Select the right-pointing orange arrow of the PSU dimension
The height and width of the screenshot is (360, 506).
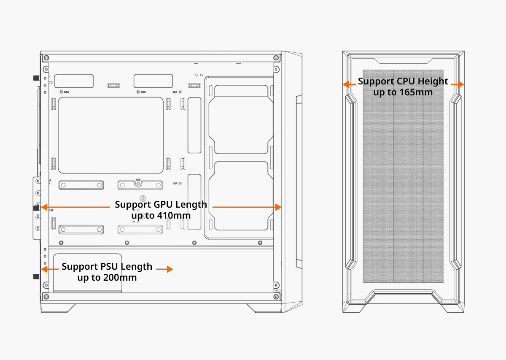click(168, 269)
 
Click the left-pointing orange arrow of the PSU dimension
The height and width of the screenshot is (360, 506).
click(44, 269)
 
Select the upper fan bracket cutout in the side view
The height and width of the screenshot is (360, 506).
click(241, 119)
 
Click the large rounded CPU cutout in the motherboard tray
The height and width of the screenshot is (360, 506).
click(110, 135)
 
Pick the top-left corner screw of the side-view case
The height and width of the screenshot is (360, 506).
click(46, 57)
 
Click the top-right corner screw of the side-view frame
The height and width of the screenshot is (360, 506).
click(276, 57)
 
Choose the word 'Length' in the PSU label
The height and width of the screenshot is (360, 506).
click(137, 267)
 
